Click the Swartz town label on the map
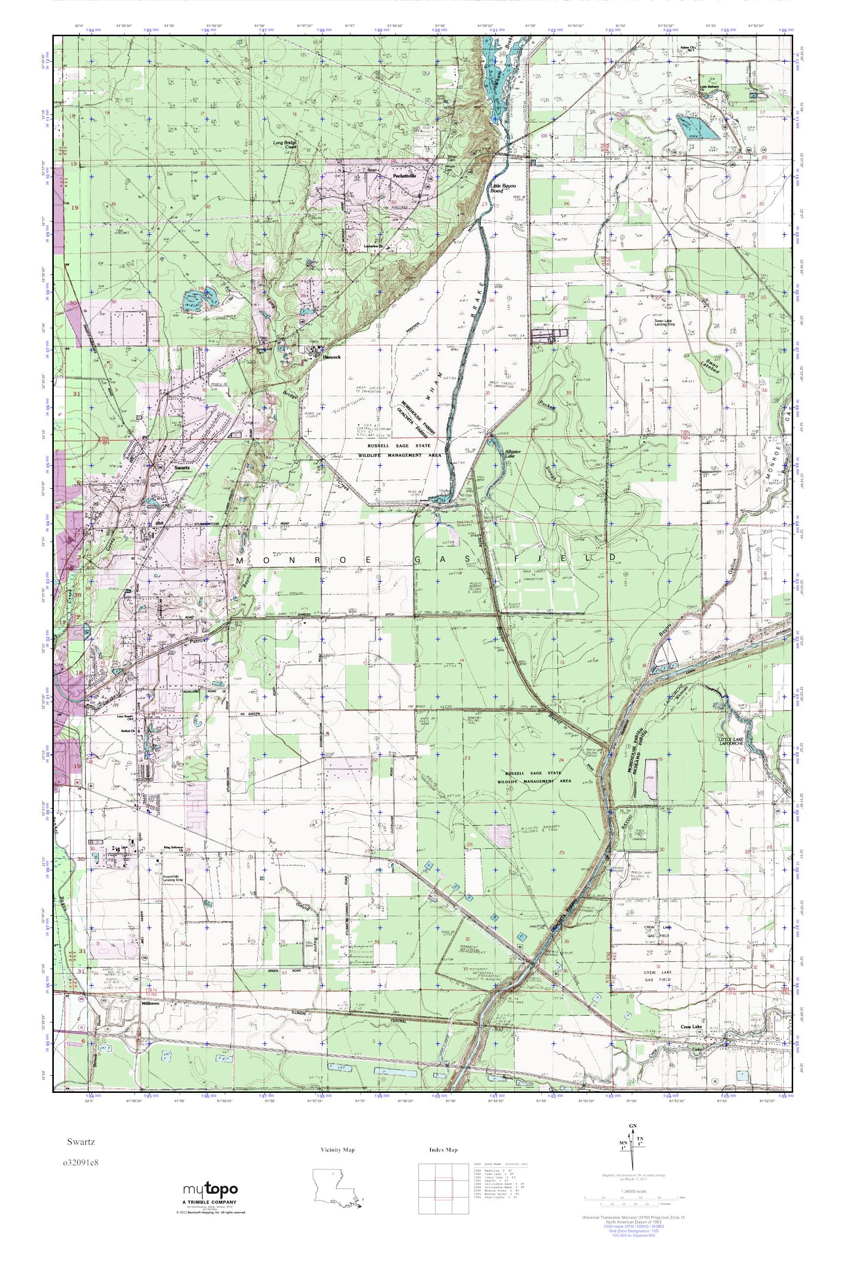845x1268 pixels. tap(182, 469)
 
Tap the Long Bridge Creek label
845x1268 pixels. tap(285, 144)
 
